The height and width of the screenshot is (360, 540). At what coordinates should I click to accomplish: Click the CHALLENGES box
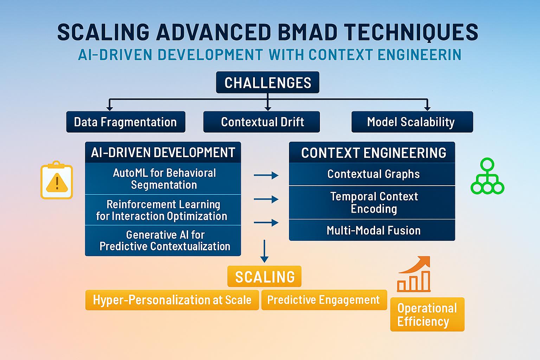[x=268, y=83]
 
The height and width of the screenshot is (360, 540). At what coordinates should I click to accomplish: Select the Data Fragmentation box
[x=126, y=122]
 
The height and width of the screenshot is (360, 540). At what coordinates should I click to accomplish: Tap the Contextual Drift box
[x=262, y=122]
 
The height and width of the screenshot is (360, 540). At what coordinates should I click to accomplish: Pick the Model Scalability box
[x=412, y=122]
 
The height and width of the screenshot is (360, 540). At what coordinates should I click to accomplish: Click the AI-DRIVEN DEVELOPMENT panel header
[x=163, y=152]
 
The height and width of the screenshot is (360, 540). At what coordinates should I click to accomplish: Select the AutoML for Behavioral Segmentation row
[x=163, y=179]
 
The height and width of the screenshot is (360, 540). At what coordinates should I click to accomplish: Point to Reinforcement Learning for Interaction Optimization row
[x=163, y=210]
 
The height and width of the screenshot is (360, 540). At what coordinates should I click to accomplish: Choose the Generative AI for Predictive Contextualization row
[x=163, y=240]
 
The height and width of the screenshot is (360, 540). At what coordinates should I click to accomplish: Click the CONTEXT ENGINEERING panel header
[x=372, y=153]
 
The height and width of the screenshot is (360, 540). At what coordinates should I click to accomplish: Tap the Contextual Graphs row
[x=372, y=174]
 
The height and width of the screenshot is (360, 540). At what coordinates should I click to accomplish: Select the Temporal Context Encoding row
[x=372, y=202]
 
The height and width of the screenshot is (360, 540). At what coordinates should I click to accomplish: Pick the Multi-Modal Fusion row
[x=372, y=230]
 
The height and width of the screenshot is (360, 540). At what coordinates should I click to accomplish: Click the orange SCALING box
[x=264, y=277]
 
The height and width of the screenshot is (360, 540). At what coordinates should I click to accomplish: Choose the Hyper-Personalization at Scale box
[x=172, y=300]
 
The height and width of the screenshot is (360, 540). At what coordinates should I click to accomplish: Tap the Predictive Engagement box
[x=324, y=300]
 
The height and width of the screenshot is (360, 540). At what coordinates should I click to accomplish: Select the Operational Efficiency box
[x=427, y=314]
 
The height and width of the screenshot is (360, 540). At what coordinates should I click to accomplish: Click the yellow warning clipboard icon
[x=57, y=181]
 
